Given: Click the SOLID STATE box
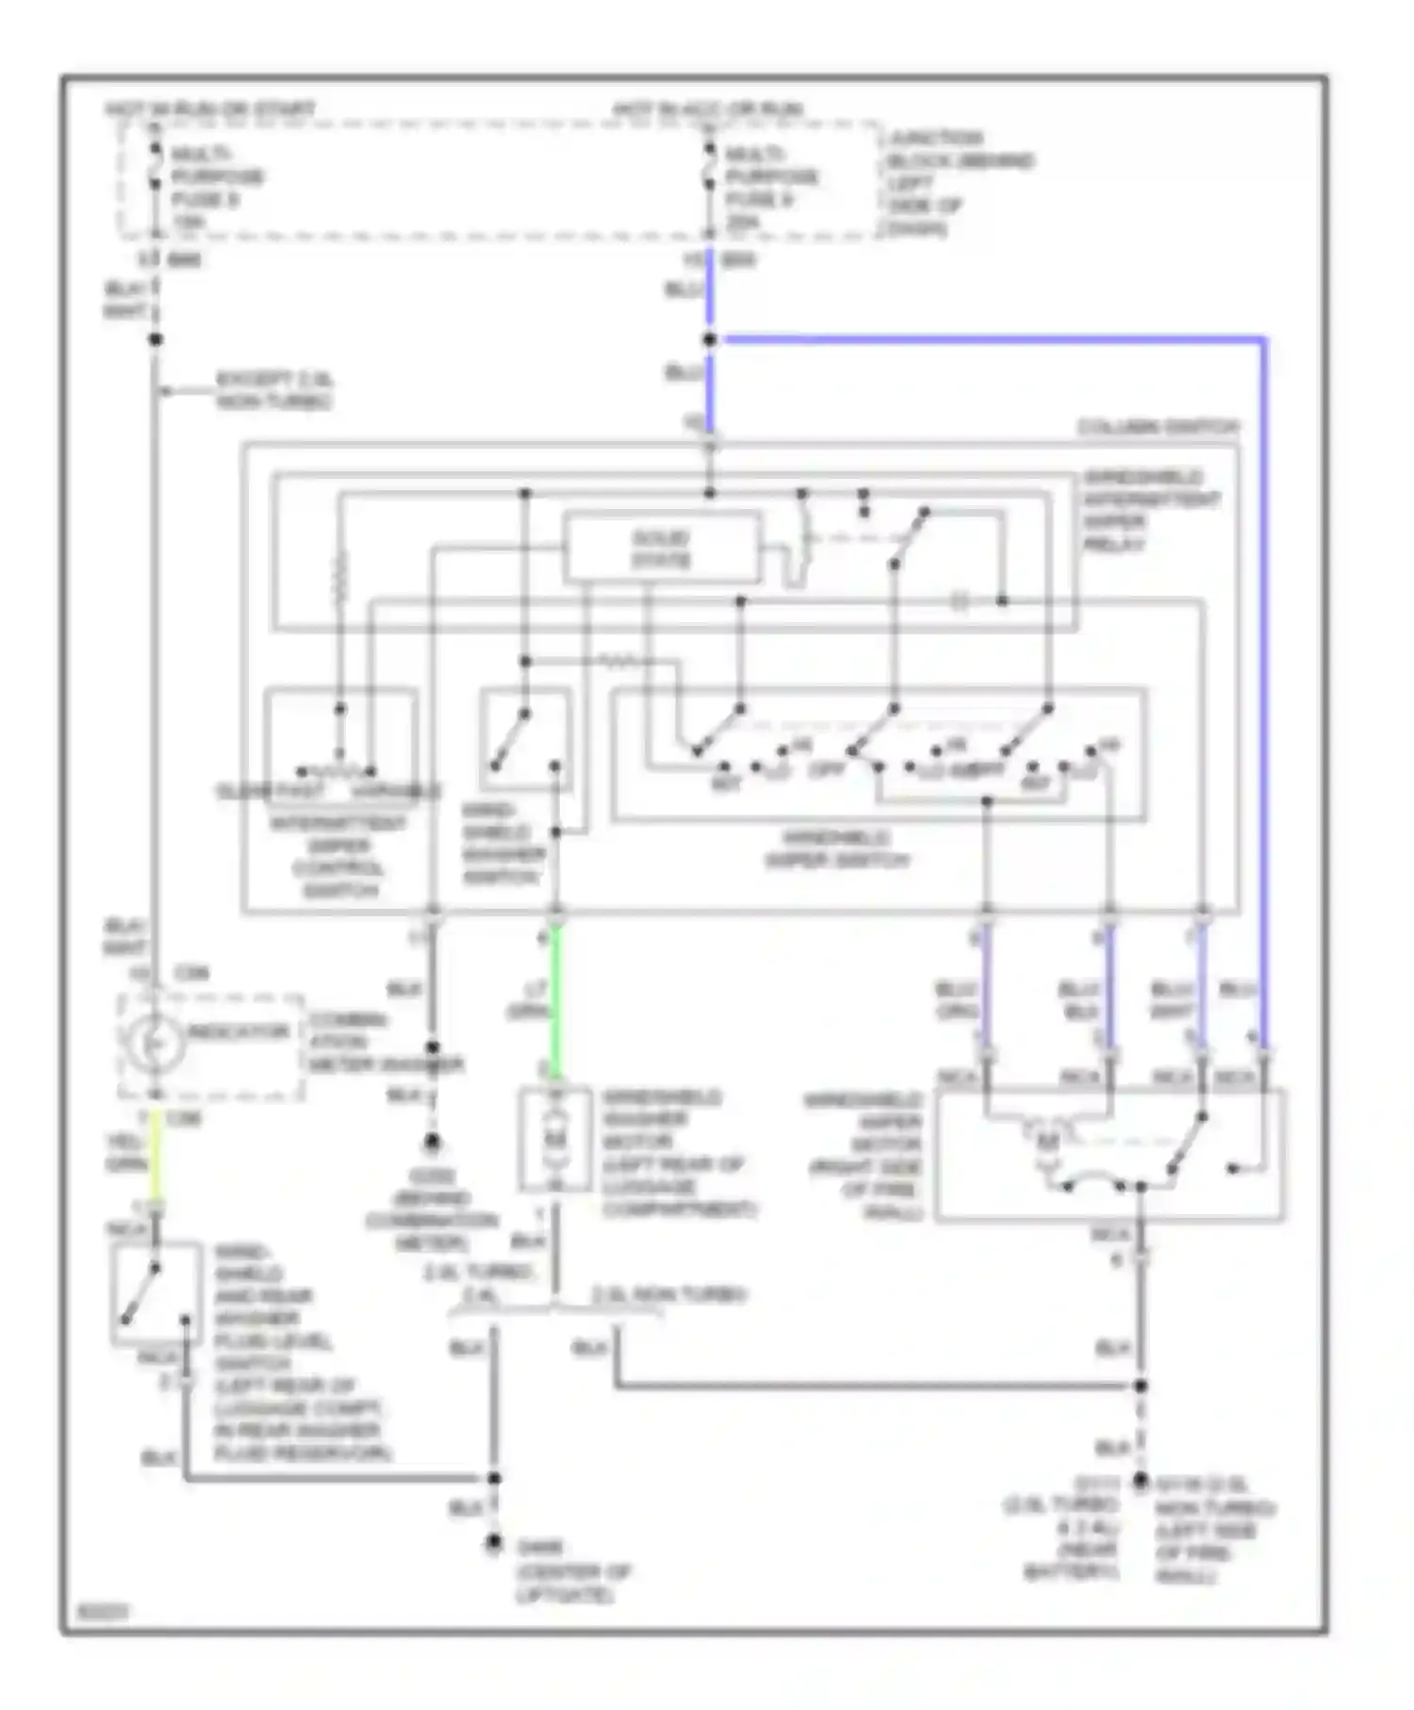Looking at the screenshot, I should pos(661,548).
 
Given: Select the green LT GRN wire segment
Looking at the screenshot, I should pos(556,999).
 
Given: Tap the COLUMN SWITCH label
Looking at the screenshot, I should pos(1158,427).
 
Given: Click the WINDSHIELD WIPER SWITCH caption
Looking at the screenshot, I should pos(837,849).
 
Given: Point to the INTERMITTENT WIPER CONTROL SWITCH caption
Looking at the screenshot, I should pos(338,856).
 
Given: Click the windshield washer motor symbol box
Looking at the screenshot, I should pos(555,1140).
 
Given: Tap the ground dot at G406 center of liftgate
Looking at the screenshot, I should pos(493,1543).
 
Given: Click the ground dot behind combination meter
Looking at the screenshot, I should pos(432,1143).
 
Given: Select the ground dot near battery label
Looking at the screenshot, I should pos(1140,1482).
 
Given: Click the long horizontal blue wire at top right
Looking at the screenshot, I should pos(990,338).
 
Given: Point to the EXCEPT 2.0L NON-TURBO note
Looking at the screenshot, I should pos(274,390).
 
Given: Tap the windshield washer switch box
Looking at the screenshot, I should pos(525,740).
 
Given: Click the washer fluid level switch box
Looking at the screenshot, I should pos(156,1293).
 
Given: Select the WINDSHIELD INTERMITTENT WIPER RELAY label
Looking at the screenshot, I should pos(1150,510).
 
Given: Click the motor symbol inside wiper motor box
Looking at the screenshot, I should pos(1048,1143).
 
